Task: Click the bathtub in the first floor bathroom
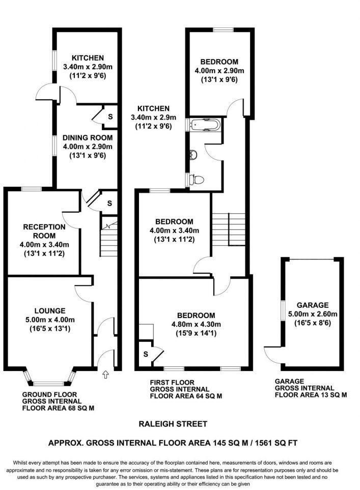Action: tap(205, 125)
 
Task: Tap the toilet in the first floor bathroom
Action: tap(197, 180)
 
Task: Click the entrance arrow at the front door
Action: tap(105, 376)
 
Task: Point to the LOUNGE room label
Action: tap(50, 310)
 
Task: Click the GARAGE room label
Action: tap(313, 305)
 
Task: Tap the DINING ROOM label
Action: tap(87, 137)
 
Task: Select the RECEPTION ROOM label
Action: tap(44, 231)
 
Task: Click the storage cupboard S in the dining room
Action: tap(110, 116)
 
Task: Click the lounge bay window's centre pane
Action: tap(49, 383)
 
